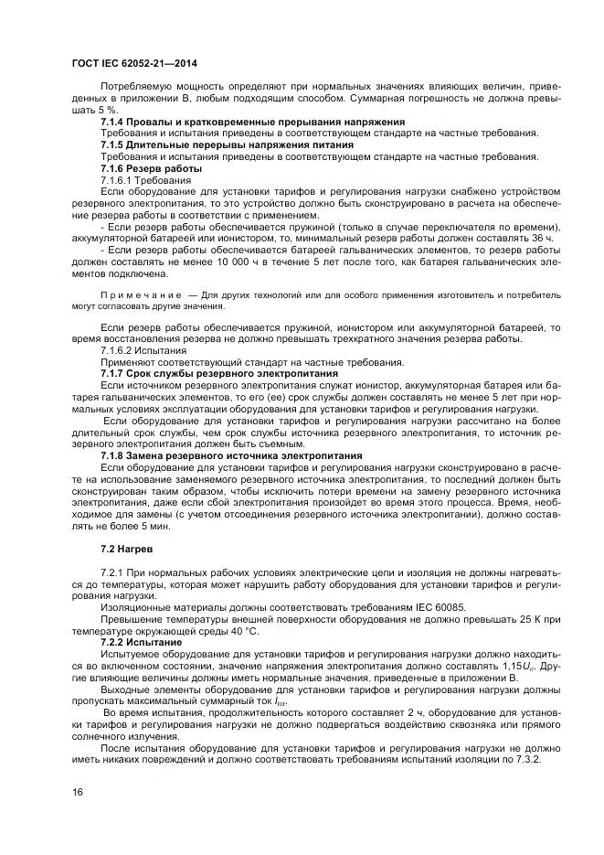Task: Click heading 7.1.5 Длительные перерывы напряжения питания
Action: click(227, 144)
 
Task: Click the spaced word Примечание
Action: click(143, 296)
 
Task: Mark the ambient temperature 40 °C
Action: click(239, 632)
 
